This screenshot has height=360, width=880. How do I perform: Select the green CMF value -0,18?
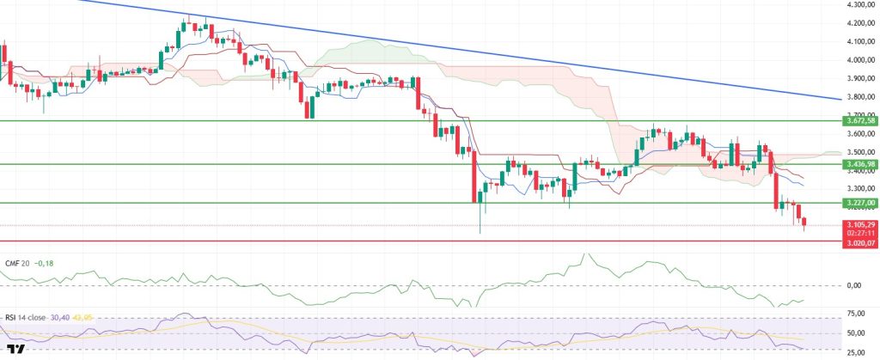point(44,263)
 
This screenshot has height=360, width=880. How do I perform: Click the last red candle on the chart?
point(804,223)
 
